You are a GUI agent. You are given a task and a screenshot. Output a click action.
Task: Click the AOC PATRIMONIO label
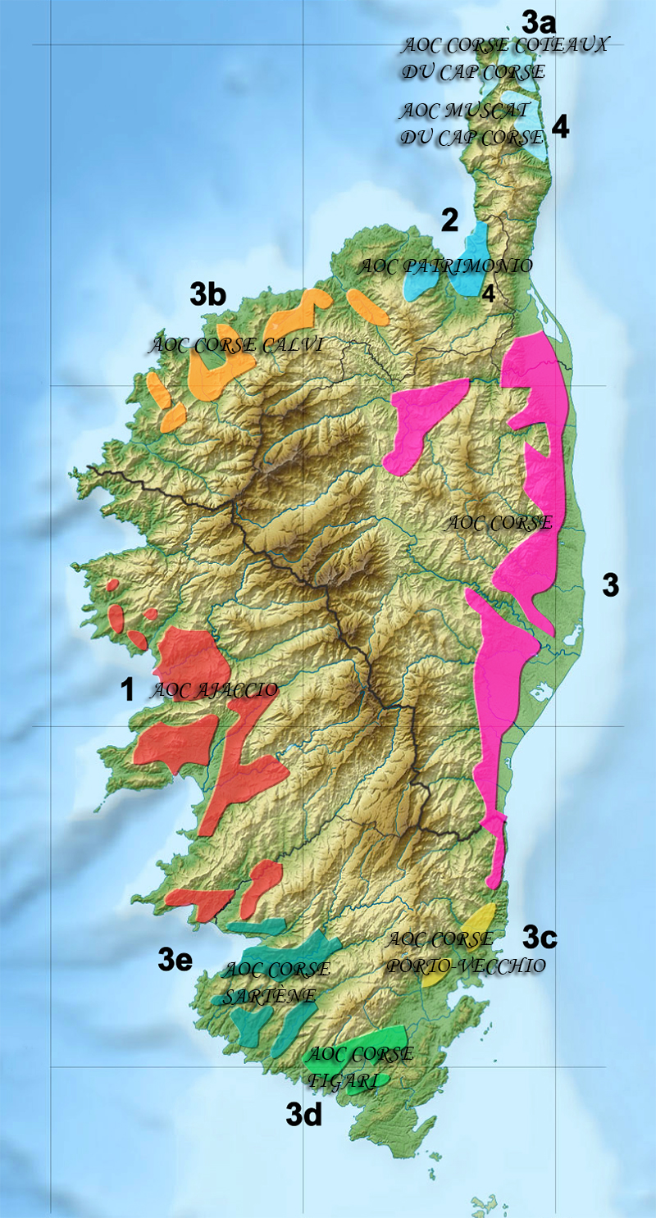(x=446, y=266)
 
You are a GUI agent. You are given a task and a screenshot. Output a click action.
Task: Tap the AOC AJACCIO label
(x=214, y=690)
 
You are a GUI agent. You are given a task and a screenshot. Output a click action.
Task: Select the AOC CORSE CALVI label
(x=235, y=345)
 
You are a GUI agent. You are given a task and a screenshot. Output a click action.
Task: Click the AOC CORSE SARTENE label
(x=276, y=983)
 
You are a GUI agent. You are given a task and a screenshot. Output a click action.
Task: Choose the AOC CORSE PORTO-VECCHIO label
(x=465, y=952)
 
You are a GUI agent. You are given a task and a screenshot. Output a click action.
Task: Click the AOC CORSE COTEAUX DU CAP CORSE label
(x=503, y=57)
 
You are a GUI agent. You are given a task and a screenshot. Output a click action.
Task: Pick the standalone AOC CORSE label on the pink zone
(x=499, y=523)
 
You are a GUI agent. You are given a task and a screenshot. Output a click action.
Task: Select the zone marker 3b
(x=207, y=295)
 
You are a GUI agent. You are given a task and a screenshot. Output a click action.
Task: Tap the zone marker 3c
(x=540, y=935)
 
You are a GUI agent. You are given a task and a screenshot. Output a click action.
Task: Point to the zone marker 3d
(x=303, y=1114)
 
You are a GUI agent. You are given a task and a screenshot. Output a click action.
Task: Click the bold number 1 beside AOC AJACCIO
(x=126, y=690)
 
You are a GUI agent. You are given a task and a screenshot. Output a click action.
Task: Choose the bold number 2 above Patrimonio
(x=449, y=220)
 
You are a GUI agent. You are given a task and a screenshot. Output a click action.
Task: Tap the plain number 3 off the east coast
(x=610, y=585)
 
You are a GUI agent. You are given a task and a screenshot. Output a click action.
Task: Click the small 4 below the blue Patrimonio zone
(x=488, y=294)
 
